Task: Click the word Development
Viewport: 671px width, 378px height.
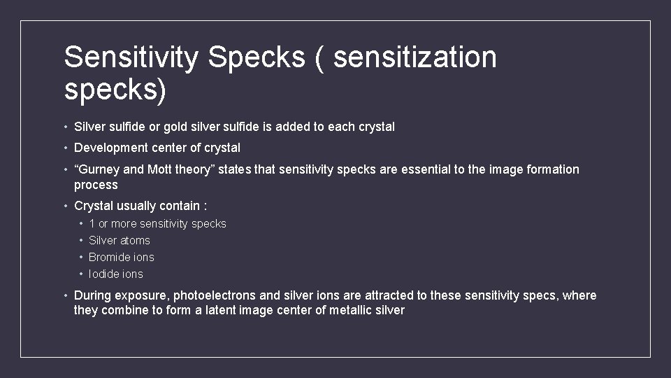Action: [x=110, y=148]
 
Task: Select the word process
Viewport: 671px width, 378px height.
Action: [x=96, y=185]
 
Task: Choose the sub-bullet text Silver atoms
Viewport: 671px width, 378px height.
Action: [x=120, y=240]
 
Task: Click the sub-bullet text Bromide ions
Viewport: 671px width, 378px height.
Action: [x=122, y=257]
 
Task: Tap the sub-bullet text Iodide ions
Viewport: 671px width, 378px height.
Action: [x=116, y=274]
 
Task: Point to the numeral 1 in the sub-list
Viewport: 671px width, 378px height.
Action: [x=92, y=223]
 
